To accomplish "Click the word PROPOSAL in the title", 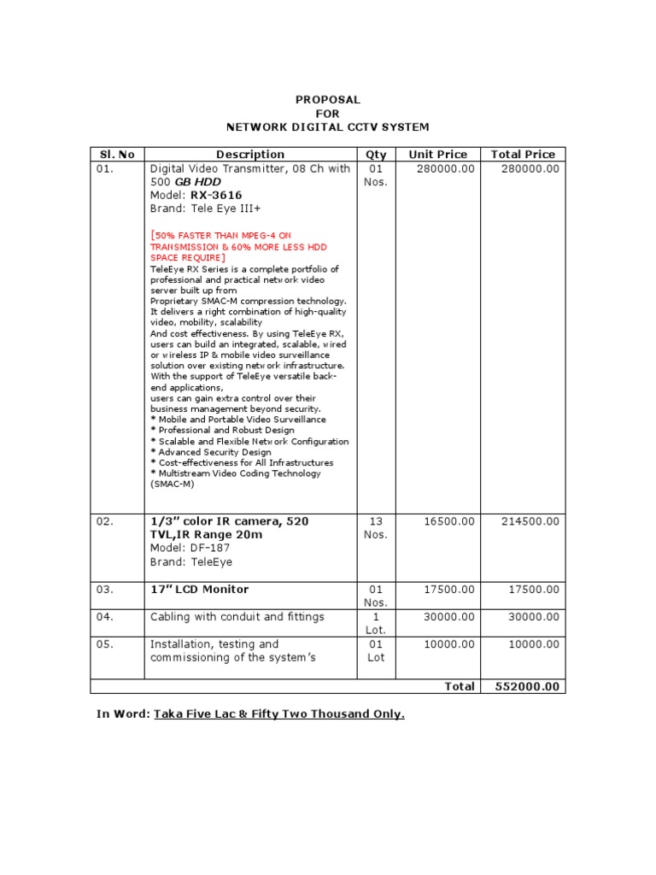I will (328, 100).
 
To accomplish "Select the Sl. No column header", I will (116, 155).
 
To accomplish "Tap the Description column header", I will (250, 155).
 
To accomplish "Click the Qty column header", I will (376, 155).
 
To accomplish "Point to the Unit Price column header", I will (438, 155).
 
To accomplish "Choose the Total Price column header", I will (523, 155).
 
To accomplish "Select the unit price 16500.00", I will (445, 521).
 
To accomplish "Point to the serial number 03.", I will (104, 590).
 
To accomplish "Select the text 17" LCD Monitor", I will (199, 590).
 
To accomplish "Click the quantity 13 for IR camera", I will (376, 521).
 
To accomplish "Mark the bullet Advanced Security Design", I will (211, 452).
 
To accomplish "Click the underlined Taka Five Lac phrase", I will (278, 714).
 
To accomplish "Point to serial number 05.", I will (104, 644).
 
